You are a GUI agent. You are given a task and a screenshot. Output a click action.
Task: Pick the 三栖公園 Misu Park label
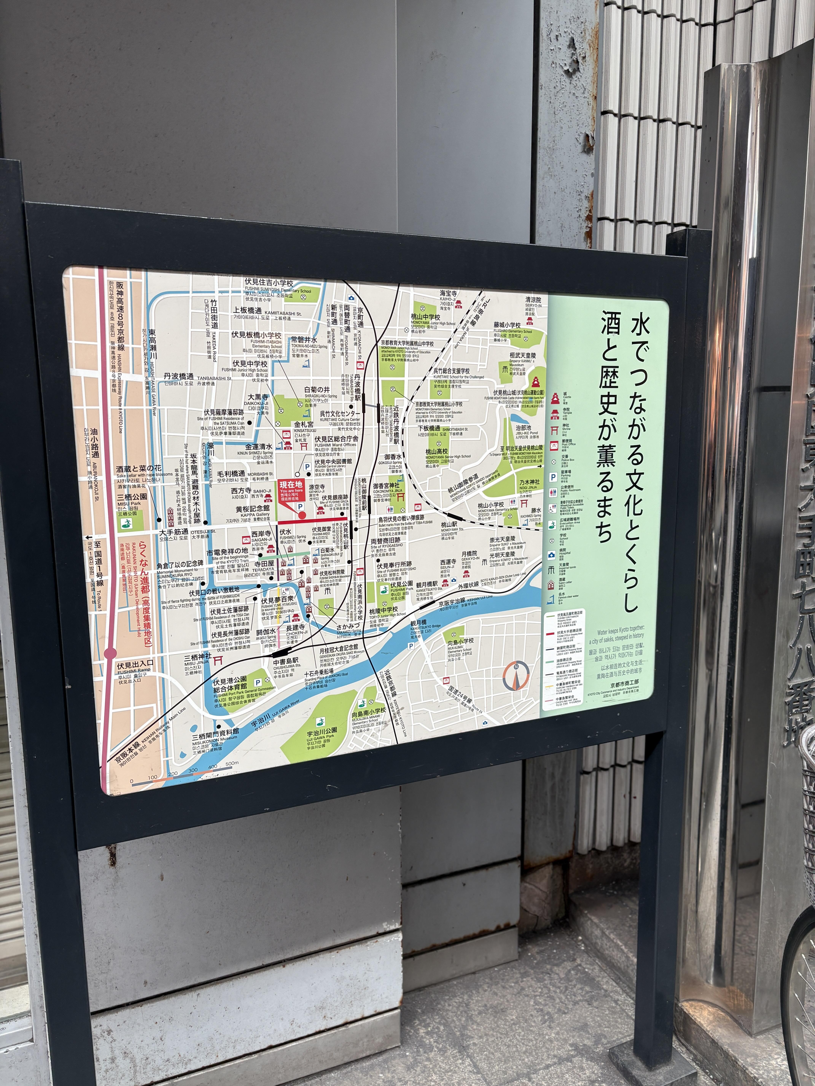[x=132, y=497]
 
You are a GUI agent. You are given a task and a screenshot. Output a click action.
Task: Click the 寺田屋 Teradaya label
[x=264, y=564]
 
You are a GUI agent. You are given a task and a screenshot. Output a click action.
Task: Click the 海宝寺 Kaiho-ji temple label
[x=449, y=293]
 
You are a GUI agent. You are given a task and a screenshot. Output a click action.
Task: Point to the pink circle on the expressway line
[x=110, y=653]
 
